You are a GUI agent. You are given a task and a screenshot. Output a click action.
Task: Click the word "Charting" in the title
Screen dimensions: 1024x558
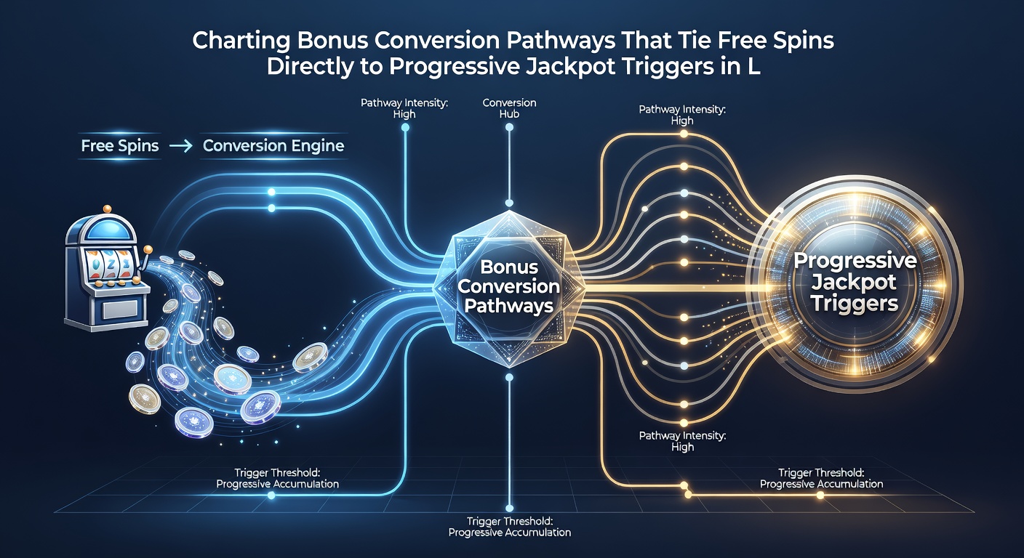(x=241, y=41)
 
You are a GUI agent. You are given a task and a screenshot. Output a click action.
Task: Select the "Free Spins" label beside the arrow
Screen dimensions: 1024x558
(x=120, y=145)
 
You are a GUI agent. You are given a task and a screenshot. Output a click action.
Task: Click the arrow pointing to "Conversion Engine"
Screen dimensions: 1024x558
(x=180, y=146)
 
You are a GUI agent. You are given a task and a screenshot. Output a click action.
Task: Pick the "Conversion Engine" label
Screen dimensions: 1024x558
(x=273, y=146)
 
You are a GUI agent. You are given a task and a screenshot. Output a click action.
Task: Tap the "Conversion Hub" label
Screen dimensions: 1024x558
(x=509, y=108)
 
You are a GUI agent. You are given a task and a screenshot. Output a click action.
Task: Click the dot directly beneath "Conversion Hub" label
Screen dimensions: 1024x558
(x=509, y=127)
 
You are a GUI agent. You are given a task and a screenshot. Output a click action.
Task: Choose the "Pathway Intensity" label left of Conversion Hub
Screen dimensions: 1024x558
(x=404, y=108)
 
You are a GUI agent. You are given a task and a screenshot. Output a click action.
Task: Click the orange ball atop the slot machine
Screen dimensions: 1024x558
(x=107, y=209)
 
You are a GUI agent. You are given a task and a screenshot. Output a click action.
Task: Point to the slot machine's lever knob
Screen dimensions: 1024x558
(x=148, y=249)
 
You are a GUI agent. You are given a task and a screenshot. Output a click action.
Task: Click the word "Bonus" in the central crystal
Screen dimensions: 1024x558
(x=509, y=267)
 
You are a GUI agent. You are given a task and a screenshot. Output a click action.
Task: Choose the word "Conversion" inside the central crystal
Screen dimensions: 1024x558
(x=509, y=286)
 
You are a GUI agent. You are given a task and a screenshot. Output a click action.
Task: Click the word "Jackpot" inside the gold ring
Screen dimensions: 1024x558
(x=854, y=283)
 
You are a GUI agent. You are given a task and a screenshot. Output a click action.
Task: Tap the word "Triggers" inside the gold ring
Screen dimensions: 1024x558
(x=855, y=303)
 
